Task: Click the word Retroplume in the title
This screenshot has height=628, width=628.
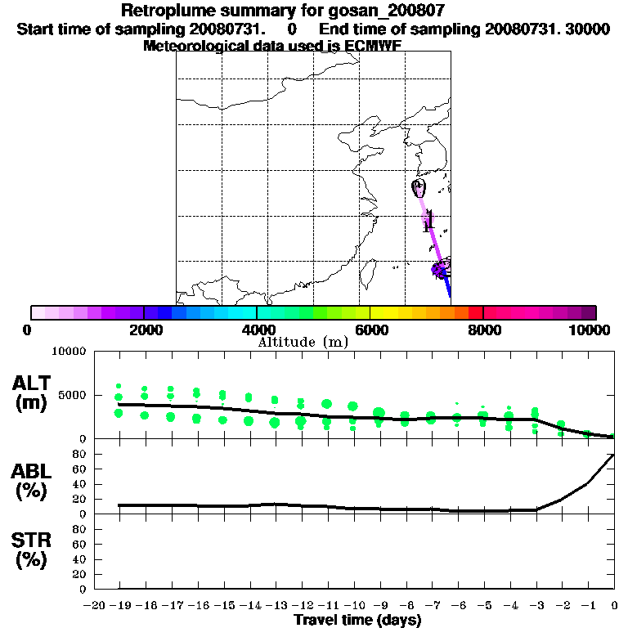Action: point(168,11)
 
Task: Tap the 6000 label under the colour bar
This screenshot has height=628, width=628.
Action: point(370,330)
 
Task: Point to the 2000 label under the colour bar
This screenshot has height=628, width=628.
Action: point(143,330)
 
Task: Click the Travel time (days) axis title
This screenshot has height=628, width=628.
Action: point(357,621)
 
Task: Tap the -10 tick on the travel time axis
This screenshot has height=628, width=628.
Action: point(353,605)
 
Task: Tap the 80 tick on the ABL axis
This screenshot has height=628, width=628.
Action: point(81,454)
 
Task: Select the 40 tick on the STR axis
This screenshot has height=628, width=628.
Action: point(81,559)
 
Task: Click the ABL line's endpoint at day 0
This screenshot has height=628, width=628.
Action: point(614,455)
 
